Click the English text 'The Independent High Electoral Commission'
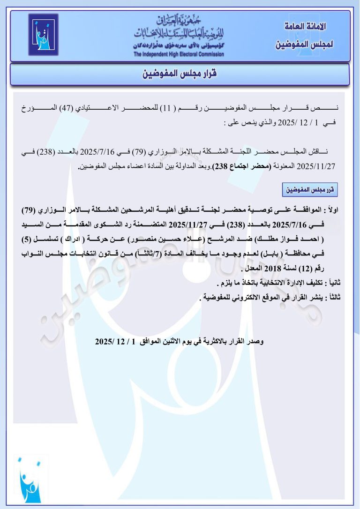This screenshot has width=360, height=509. point(179,54)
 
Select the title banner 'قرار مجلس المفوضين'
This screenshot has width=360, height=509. point(180,74)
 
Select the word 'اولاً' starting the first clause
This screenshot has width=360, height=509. point(339,209)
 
